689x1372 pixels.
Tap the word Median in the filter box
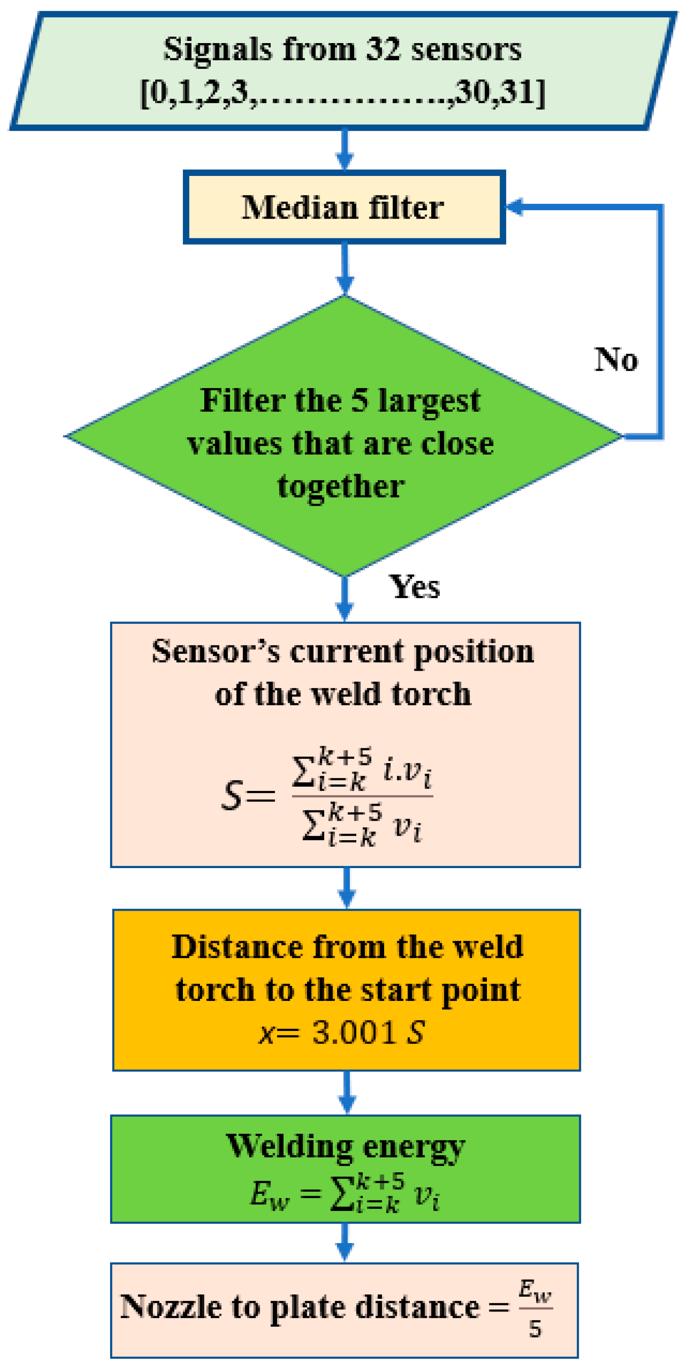(299, 207)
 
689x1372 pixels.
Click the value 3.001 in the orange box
(354, 1032)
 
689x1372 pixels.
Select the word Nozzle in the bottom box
(170, 1307)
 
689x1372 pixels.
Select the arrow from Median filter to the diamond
(345, 269)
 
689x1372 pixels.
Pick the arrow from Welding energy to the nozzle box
(345, 1242)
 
